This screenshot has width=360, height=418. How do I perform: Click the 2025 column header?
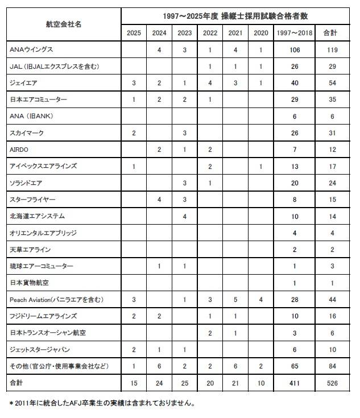coord(134,33)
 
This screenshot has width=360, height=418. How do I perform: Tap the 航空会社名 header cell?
coord(64,24)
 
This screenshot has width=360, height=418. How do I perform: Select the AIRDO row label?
coord(20,150)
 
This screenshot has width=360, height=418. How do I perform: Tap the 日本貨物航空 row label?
coord(29,283)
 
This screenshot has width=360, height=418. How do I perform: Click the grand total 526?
coord(332,383)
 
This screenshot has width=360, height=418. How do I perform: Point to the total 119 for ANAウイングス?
coord(332,50)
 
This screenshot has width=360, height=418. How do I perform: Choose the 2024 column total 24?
coord(159,383)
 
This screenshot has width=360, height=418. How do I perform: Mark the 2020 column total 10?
coord(261,383)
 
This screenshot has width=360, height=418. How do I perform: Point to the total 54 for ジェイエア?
coord(332,83)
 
